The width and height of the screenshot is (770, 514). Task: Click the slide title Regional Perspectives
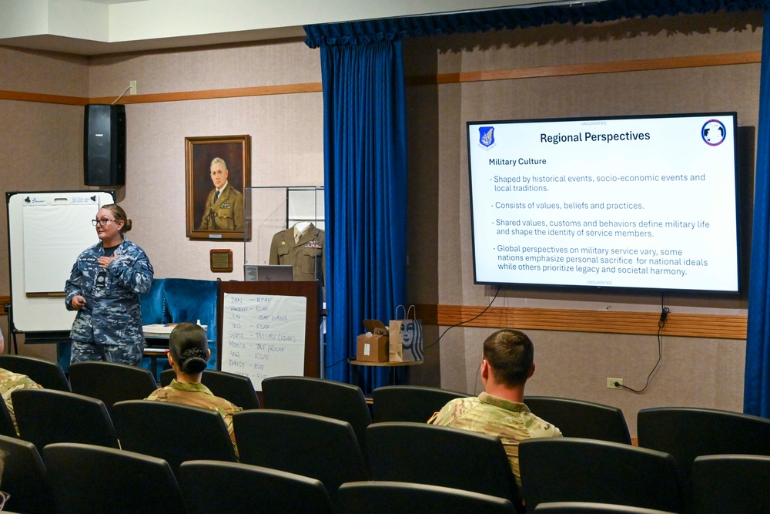pyautogui.click(x=594, y=137)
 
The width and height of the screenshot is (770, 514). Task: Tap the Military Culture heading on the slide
pyautogui.click(x=517, y=162)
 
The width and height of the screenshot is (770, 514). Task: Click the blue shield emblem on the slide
pyautogui.click(x=487, y=136)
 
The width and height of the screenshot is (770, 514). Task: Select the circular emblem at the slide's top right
pyautogui.click(x=713, y=133)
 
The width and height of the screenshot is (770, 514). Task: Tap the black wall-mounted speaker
pyautogui.click(x=105, y=145)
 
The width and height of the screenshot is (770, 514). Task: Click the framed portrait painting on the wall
pyautogui.click(x=218, y=186)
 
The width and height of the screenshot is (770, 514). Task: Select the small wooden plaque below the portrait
pyautogui.click(x=221, y=260)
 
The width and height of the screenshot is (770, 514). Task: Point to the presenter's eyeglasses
pyautogui.click(x=102, y=223)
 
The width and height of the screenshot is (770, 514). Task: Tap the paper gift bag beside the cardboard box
pyautogui.click(x=405, y=339)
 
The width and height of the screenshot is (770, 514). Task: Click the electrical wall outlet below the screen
pyautogui.click(x=614, y=383)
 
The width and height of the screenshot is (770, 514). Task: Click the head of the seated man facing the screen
pyautogui.click(x=507, y=359)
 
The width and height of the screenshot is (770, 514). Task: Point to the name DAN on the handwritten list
pyautogui.click(x=237, y=300)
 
